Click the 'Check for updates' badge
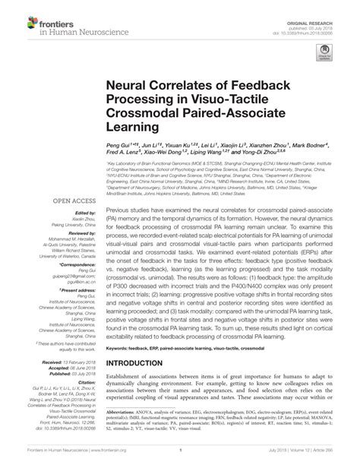325,52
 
